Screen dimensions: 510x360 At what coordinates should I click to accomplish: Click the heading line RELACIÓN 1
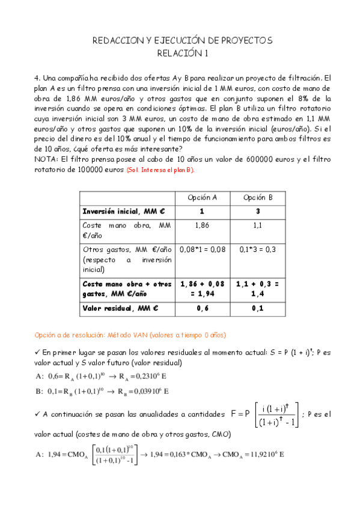(x=182, y=54)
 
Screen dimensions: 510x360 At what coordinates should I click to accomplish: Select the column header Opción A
(x=202, y=197)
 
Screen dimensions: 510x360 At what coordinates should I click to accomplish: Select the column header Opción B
(x=258, y=197)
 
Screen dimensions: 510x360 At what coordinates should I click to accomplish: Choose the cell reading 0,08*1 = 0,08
(x=202, y=248)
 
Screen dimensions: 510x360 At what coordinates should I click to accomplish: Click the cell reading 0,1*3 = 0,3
(x=258, y=248)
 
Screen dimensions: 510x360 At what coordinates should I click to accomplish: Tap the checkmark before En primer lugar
(x=38, y=351)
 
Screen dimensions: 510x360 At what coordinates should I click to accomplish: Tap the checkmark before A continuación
(x=38, y=414)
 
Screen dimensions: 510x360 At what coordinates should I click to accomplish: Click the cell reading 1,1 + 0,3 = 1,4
(x=258, y=288)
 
